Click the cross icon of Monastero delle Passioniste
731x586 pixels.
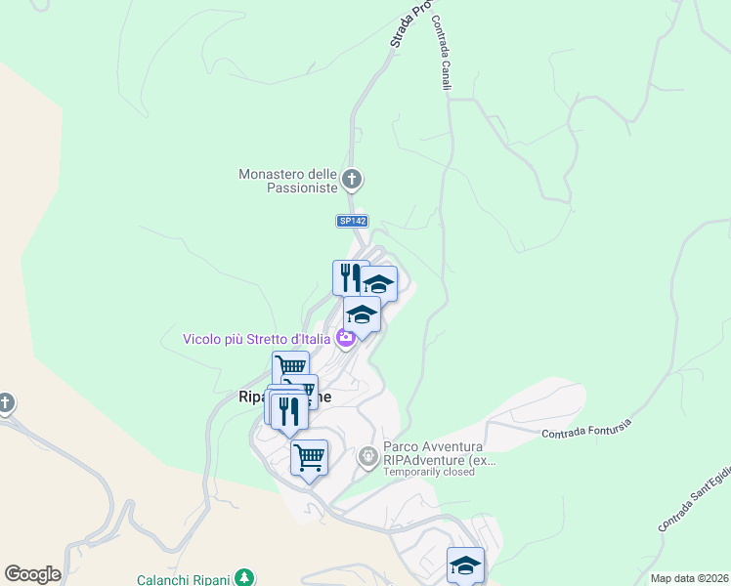353,180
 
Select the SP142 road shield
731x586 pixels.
352,222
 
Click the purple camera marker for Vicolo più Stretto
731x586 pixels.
345,338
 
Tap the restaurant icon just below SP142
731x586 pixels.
350,276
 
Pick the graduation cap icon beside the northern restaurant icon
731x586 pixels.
379,284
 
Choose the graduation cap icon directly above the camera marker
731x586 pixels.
362,314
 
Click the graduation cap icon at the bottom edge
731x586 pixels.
465,565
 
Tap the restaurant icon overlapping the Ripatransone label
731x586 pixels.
288,410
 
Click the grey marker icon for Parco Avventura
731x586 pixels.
367,455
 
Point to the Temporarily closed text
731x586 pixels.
429,473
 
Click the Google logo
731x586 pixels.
32,574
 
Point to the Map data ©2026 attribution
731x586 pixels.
688,578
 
